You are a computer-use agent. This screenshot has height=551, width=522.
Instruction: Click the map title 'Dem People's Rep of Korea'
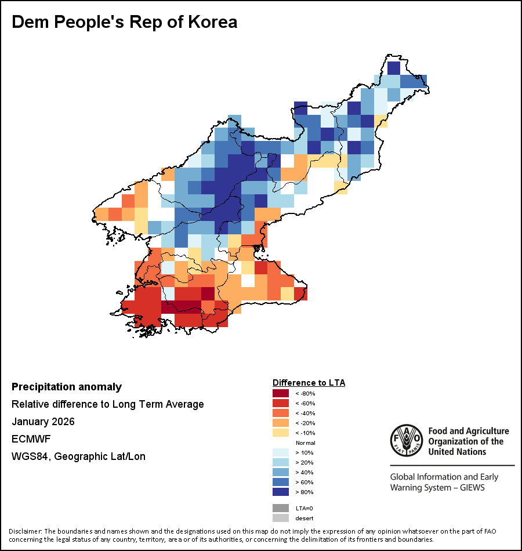125,22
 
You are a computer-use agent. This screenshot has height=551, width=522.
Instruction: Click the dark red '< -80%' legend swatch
280,393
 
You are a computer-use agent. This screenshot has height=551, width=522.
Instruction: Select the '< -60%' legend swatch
280,403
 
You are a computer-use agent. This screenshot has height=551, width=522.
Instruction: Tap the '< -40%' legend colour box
280,413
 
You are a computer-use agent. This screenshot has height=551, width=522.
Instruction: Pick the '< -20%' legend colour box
280,423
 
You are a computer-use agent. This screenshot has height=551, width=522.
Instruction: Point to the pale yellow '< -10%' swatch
280,433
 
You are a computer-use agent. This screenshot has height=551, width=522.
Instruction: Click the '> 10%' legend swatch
280,452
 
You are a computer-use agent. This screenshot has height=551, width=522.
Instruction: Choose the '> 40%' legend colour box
280,472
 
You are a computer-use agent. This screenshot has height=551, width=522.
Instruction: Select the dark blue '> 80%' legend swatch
280,492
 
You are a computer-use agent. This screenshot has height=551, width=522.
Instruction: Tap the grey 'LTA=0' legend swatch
280,508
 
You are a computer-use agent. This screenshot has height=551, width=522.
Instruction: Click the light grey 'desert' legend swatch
280,518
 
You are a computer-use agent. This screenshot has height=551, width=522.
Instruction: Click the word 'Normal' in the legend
305,443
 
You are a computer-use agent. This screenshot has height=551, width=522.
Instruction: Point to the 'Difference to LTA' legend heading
309,383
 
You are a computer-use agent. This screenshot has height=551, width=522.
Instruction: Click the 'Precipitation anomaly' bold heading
67,387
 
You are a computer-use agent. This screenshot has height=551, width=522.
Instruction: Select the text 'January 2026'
43,422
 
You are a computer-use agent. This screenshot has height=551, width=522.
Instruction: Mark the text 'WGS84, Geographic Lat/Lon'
78,456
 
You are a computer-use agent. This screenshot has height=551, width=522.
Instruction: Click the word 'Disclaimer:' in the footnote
26,531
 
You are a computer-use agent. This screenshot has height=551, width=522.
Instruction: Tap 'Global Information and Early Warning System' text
444,482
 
